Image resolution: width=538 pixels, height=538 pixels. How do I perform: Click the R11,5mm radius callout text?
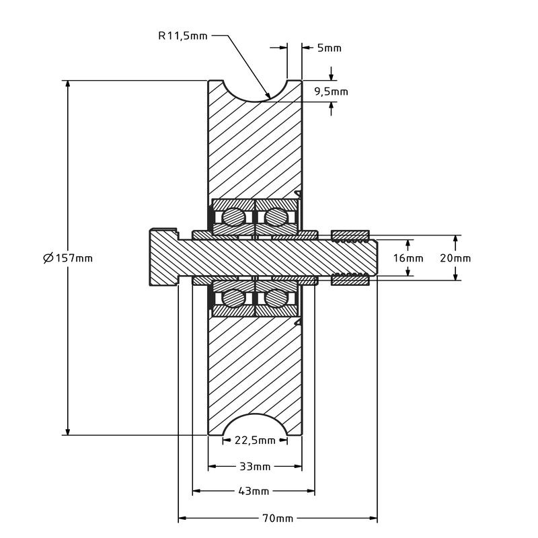coord(183,36)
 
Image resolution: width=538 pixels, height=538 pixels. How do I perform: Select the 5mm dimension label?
coord(329,48)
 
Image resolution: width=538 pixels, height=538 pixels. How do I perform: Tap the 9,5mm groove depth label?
coord(331,91)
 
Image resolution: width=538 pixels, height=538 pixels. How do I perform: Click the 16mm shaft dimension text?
coord(408,258)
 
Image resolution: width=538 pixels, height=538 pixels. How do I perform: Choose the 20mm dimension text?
coord(455,258)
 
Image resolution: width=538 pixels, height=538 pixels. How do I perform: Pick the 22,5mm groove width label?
coord(255,440)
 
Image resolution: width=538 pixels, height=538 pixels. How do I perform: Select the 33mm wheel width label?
coord(255,466)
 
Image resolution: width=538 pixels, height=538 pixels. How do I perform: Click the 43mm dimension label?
coord(254,492)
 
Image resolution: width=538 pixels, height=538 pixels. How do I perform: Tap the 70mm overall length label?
coord(276,518)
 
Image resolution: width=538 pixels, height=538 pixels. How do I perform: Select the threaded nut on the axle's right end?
coord(350,235)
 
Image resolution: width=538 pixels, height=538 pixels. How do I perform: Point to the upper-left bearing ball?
coord(233,217)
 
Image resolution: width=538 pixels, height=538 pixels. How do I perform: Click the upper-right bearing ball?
coord(276,217)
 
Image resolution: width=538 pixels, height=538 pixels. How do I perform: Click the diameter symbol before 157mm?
coord(48,258)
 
